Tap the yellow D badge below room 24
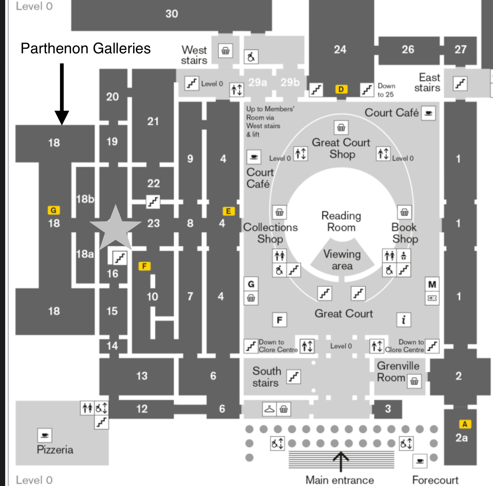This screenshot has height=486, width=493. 341,89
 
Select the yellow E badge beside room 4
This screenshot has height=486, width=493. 229,211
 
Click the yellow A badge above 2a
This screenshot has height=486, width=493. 465,424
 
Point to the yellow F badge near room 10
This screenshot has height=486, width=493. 145,266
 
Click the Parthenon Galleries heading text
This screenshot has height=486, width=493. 86,48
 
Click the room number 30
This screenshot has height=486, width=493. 172,14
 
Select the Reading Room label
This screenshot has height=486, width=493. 341,221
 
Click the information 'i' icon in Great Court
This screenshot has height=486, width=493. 404,320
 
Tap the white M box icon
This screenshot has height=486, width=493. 432,284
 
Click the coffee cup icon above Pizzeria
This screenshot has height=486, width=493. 45,435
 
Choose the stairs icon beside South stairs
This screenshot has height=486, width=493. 294,377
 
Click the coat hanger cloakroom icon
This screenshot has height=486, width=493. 270,409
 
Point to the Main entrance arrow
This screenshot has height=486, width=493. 341,461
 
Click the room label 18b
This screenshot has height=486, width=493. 85,199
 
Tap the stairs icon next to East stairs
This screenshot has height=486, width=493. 460,84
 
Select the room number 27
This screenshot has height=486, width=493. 460,49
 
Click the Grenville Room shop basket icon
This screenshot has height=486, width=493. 414,382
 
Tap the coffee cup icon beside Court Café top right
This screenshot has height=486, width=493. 428,113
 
